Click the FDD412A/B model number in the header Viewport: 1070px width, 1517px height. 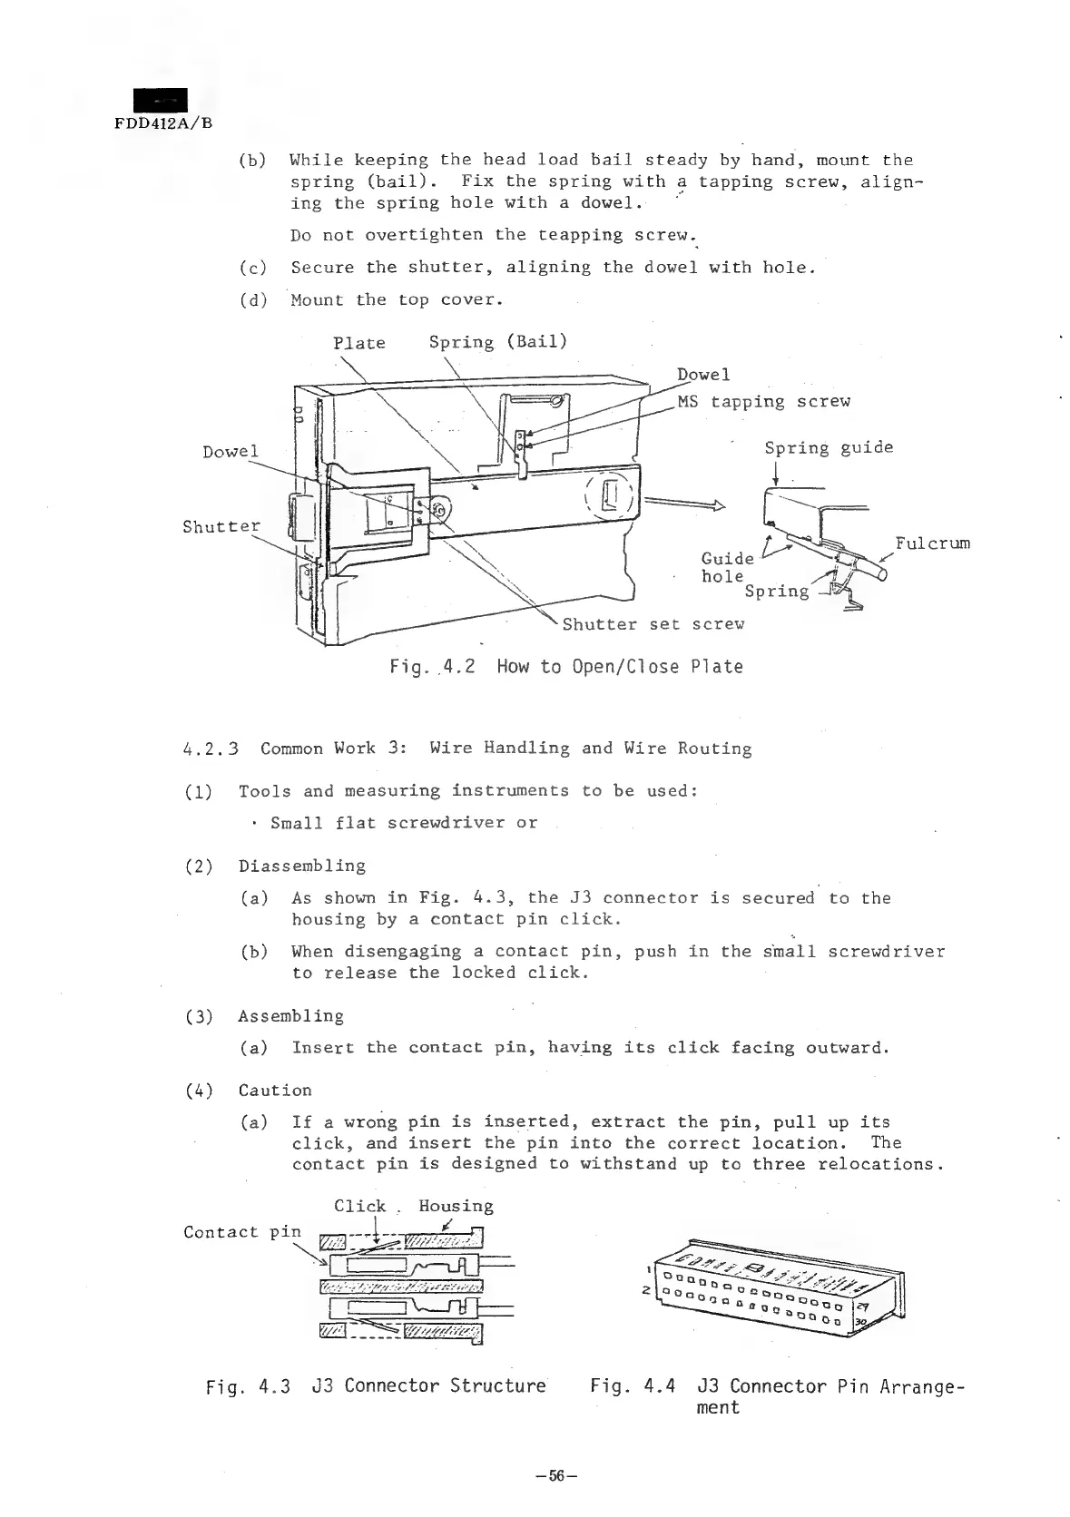point(163,122)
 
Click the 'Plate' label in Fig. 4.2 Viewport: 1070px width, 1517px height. point(358,343)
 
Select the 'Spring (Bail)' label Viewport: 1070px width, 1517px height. point(497,341)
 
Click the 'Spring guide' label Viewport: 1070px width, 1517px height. point(828,447)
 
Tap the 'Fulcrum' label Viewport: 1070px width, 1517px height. point(932,543)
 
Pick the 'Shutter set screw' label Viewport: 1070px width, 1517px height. point(653,624)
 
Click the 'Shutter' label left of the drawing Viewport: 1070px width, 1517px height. point(221,526)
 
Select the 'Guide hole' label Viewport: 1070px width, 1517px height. point(726,567)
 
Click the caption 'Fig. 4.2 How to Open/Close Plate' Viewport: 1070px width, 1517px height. point(565,667)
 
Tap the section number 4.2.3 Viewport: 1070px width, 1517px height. point(211,749)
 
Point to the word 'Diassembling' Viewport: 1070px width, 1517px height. point(302,866)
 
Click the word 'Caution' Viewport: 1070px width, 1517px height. point(275,1090)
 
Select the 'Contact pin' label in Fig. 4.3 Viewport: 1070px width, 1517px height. point(241,1231)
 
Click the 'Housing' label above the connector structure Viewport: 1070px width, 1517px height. point(456,1206)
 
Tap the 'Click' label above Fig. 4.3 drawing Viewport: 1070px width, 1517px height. point(359,1206)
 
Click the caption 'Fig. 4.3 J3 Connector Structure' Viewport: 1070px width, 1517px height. point(376,1385)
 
